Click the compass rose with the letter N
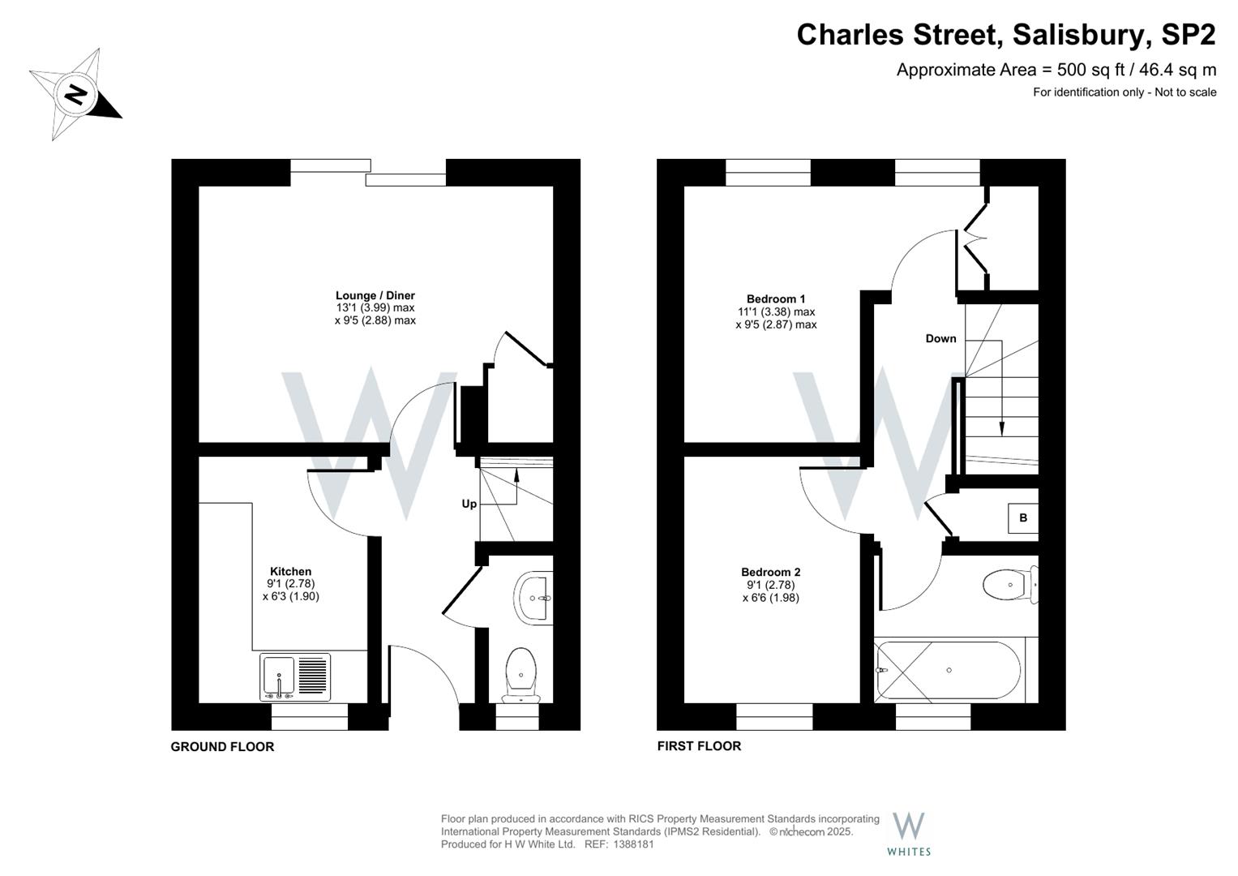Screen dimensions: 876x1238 pos(75,96)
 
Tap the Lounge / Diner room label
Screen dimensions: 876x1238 pos(375,296)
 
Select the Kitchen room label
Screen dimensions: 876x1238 pos(290,572)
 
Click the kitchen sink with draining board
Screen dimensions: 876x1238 pos(295,677)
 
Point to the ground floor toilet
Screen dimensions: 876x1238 pos(520,674)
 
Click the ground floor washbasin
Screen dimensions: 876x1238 pos(533,599)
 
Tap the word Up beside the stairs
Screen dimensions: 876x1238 pos(469,504)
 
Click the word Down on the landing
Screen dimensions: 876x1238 pos(940,338)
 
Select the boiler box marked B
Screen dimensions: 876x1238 pos(1022,518)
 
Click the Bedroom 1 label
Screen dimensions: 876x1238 pos(775,299)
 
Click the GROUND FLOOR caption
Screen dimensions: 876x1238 pos(222,747)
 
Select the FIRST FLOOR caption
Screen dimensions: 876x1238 pos(699,746)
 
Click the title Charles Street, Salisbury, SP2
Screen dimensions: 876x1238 pos(1005,35)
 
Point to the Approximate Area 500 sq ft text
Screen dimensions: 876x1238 pos(1056,70)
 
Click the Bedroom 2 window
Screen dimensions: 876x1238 pos(774,711)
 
